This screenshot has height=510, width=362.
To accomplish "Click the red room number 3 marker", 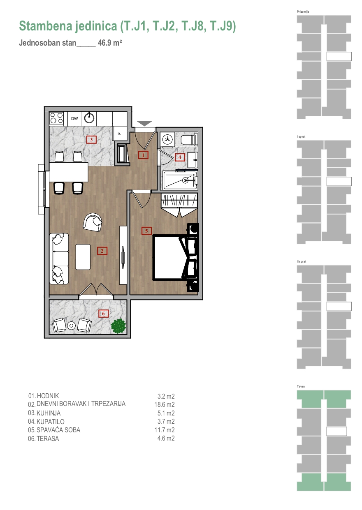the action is [x=91, y=140].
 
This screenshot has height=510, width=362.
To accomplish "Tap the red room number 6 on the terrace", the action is [x=103, y=314].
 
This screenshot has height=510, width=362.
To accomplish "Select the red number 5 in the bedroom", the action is [x=146, y=231].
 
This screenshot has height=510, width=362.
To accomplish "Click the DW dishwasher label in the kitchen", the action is [x=74, y=119].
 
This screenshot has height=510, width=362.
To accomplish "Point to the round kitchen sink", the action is [x=89, y=118].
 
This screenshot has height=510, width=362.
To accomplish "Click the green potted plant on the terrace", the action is [x=118, y=326].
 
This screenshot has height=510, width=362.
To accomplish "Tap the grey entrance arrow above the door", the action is [x=144, y=123].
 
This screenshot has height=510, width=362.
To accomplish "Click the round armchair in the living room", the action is [x=93, y=222].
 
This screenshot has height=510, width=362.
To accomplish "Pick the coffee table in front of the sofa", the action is [x=83, y=257].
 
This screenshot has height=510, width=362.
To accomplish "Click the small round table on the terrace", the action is [x=72, y=325].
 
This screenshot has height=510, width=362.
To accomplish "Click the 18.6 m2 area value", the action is [x=165, y=404].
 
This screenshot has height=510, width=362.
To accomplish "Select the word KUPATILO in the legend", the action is [x=50, y=422].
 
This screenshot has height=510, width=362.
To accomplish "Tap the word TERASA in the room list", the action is [x=48, y=438].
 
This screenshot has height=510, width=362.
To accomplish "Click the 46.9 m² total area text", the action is [x=110, y=43].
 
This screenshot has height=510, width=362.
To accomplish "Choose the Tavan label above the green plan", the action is [x=301, y=386].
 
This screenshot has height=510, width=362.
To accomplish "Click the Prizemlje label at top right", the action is [x=303, y=12].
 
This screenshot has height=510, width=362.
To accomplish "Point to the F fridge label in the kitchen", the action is [x=119, y=134].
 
